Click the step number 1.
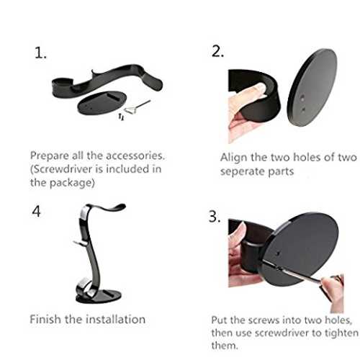40,53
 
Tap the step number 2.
217,51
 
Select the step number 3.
214,217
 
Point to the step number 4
36,212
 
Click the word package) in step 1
72,183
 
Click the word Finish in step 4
45,320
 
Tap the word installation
116,320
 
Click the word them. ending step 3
225,346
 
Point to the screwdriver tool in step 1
138,107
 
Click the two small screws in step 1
122,117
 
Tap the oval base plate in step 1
102,103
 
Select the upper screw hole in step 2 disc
302,98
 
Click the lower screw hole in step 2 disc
303,109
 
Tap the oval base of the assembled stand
99,297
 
